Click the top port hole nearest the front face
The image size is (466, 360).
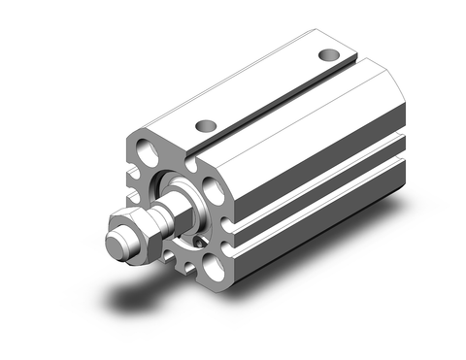pos(205,124)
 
